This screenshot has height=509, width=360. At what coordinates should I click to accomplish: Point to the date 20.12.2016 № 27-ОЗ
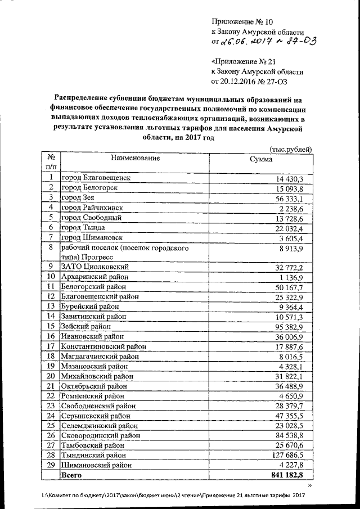coord(257,82)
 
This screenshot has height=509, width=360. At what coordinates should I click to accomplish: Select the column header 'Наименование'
coord(135,159)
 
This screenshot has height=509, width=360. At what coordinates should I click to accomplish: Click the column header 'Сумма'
coord(261,159)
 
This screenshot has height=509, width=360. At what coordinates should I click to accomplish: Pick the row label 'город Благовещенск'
coord(96,177)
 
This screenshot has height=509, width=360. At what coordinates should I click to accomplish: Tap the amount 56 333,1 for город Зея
coord(289,198)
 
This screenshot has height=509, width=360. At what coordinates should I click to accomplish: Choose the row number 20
coord(51,376)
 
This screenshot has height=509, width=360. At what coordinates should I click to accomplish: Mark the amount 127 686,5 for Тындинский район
coord(287,455)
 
